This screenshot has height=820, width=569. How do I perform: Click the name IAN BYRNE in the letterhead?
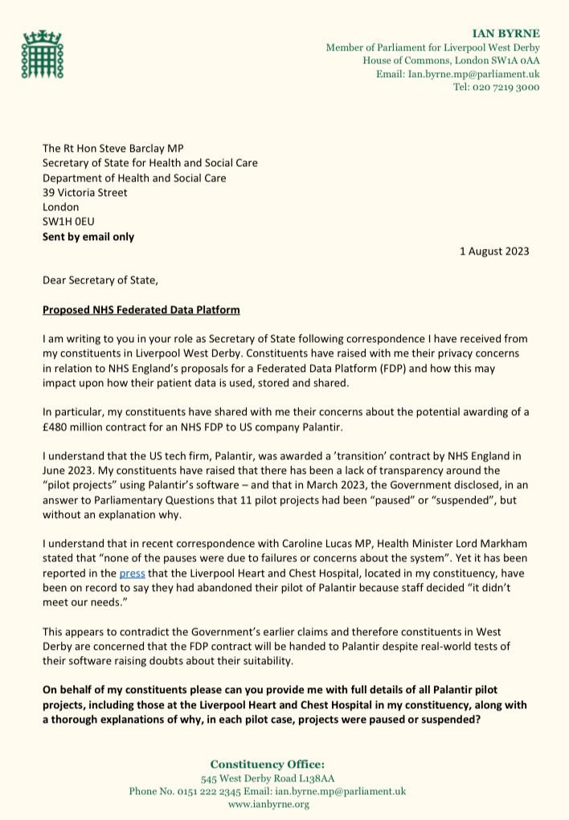(506, 34)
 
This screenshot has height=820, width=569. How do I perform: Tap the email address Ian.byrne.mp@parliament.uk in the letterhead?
(458, 74)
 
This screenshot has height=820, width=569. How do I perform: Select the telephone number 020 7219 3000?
(506, 87)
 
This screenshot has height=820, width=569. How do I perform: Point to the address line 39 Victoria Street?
(84, 192)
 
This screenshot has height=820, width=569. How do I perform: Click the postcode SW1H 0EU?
(68, 221)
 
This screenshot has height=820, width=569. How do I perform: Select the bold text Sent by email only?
(88, 237)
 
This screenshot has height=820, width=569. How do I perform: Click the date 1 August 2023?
(494, 251)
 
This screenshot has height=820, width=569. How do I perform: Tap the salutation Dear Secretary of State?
(100, 280)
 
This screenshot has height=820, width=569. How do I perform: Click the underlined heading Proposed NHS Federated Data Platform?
(141, 309)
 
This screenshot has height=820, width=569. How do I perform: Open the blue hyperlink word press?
(130, 573)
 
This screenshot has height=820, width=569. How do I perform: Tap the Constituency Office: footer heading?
(267, 764)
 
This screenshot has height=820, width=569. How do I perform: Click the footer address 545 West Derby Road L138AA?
(267, 778)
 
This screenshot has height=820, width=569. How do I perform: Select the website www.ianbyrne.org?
(268, 803)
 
